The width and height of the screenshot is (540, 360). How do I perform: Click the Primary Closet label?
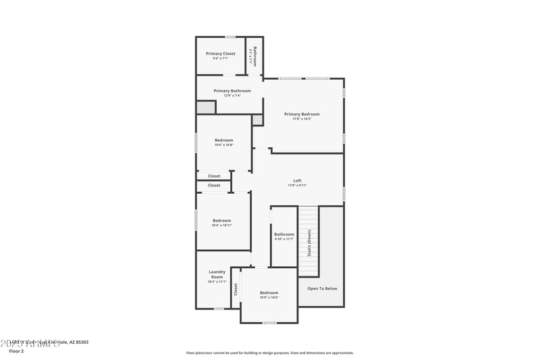220,53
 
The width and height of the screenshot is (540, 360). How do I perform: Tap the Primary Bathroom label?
232,91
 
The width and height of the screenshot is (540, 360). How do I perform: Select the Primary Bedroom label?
302,114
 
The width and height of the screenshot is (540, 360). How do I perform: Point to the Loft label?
297,180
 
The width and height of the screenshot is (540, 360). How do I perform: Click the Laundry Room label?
217,274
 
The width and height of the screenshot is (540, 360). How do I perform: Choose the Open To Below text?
322,288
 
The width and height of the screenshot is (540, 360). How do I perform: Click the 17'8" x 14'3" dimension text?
302,120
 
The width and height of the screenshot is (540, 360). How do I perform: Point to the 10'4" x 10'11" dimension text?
221,225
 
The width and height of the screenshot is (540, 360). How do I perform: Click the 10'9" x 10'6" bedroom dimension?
269,297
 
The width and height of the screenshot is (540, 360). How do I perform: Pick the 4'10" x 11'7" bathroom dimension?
284,239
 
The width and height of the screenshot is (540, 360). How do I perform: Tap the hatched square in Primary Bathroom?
205,107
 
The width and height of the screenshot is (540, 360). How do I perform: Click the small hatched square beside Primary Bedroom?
257,120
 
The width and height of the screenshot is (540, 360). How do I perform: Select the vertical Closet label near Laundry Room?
236,289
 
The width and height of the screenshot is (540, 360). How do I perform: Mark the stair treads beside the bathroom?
308,223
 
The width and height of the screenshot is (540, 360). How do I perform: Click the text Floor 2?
16,351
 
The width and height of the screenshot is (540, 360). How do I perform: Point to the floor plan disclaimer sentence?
269,353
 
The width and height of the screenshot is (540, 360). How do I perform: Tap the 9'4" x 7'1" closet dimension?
220,59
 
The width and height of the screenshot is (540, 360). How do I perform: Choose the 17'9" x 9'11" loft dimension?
297,185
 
